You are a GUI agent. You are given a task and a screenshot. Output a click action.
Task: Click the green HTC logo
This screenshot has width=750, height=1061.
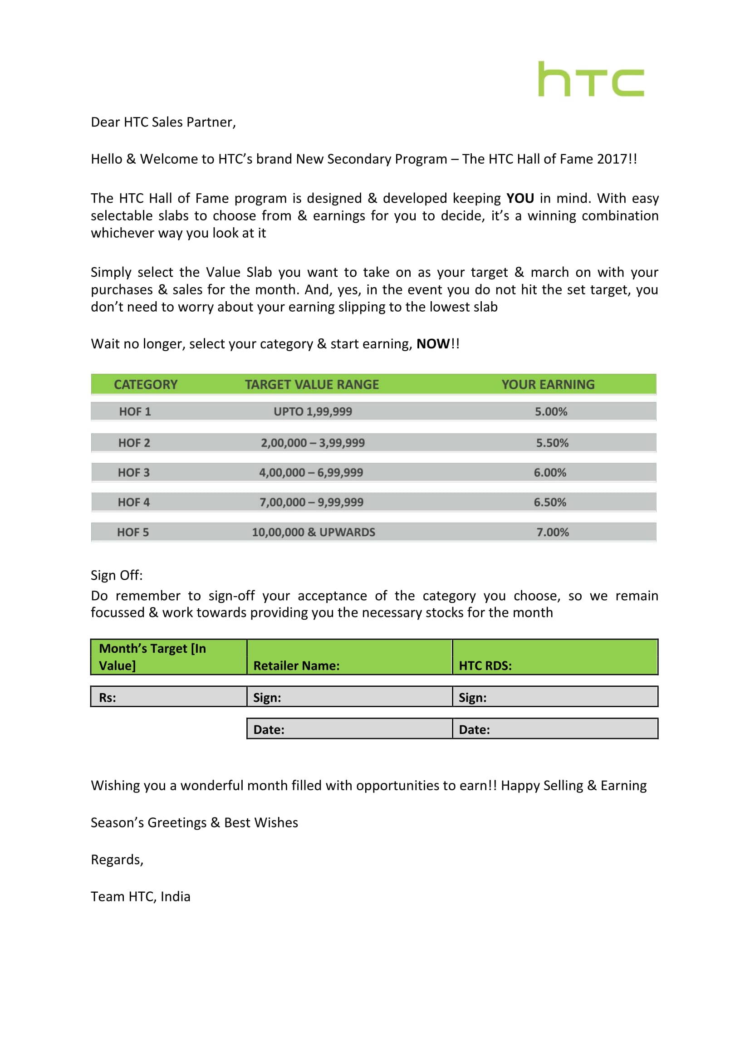pyautogui.click(x=591, y=79)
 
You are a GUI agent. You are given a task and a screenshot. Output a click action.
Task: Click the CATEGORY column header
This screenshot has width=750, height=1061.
pyautogui.click(x=146, y=385)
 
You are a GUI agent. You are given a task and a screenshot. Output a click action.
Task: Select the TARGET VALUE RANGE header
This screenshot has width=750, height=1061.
pyautogui.click(x=311, y=385)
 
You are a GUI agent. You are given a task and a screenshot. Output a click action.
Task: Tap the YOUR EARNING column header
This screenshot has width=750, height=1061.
pyautogui.click(x=548, y=385)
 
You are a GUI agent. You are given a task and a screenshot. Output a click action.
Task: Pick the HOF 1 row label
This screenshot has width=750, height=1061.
pyautogui.click(x=135, y=411)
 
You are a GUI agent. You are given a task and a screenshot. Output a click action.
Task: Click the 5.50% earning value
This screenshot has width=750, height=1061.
pyautogui.click(x=552, y=443)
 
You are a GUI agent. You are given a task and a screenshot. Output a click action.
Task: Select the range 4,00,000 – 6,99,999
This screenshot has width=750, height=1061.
pyautogui.click(x=310, y=472)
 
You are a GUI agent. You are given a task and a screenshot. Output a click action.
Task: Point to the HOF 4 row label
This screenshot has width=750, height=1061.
pyautogui.click(x=133, y=502)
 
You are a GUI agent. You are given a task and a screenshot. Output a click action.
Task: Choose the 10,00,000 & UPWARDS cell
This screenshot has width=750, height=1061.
pyautogui.click(x=314, y=532)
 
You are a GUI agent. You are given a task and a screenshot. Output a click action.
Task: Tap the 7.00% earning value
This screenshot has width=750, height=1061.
pyautogui.click(x=552, y=532)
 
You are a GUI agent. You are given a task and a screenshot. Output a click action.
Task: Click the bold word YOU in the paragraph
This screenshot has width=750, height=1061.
pyautogui.click(x=520, y=198)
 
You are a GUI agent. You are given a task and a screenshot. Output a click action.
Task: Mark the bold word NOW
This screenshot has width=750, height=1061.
pyautogui.click(x=432, y=344)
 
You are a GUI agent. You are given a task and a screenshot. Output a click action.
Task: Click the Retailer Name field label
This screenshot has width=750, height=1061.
pyautogui.click(x=296, y=665)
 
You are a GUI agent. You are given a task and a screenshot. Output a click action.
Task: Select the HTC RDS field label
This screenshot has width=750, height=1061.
pyautogui.click(x=485, y=665)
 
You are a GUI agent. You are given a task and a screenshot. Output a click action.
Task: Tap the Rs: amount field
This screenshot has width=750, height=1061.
pyautogui.click(x=168, y=697)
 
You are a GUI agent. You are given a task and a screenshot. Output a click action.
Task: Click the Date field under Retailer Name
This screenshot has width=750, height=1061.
pyautogui.click(x=349, y=729)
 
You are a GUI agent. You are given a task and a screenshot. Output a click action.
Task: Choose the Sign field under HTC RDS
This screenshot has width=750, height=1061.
pyautogui.click(x=554, y=697)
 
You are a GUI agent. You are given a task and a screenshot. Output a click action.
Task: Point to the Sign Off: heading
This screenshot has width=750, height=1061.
pyautogui.click(x=117, y=575)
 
